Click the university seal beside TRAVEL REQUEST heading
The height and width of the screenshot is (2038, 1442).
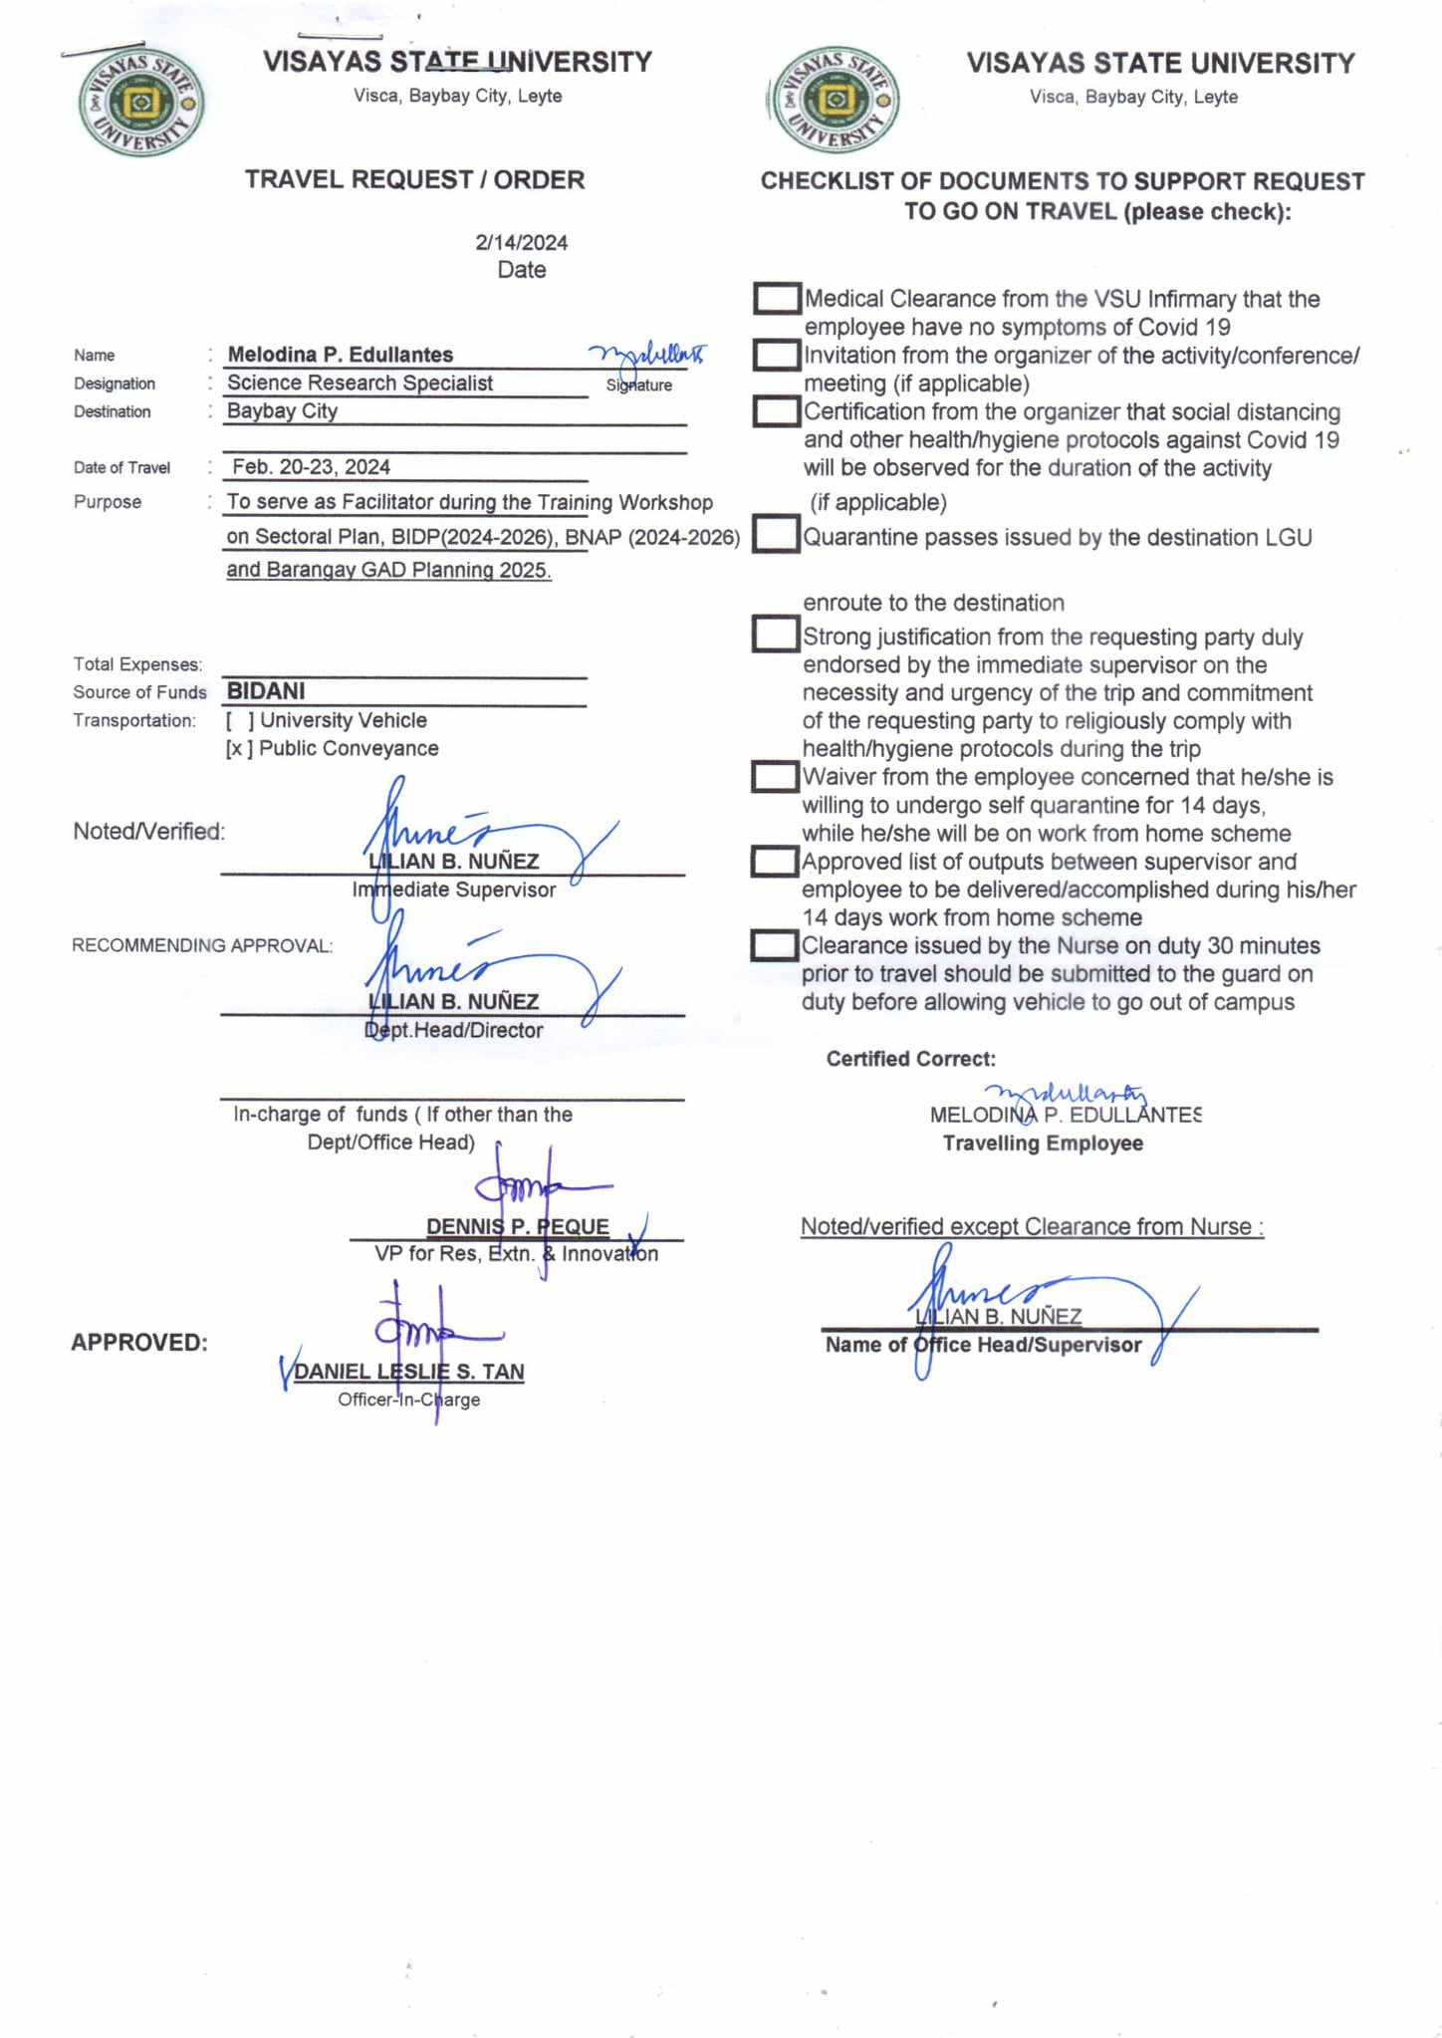141,104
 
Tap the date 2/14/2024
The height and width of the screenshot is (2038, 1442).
521,242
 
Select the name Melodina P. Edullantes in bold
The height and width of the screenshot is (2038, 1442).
340,355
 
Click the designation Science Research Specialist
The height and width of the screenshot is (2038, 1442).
360,383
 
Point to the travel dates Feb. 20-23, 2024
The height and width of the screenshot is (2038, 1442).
311,467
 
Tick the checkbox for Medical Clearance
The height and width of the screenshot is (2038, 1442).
777,299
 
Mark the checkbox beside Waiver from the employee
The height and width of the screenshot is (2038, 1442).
776,777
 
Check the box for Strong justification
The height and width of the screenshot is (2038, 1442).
776,635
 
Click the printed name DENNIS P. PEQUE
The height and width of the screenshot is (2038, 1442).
517,1226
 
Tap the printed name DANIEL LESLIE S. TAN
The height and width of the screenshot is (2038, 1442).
409,1372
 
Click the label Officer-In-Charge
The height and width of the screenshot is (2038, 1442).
408,1400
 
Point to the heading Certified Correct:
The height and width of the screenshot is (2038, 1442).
910,1059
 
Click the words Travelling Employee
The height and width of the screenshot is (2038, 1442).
1043,1144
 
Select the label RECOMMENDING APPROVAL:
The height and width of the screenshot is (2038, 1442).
202,945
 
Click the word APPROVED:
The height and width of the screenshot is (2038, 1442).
139,1343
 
